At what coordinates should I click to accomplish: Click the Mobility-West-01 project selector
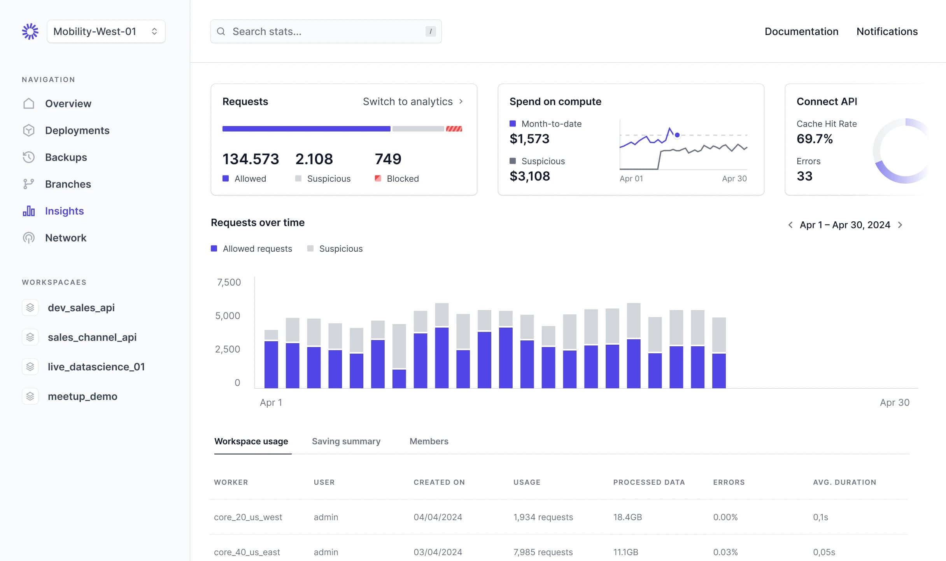[x=106, y=32]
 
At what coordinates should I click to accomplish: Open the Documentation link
[x=801, y=32]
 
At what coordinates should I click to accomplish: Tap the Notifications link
[x=887, y=32]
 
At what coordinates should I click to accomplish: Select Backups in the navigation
[x=66, y=157]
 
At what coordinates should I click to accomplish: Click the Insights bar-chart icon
[x=29, y=211]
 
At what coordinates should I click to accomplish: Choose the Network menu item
[x=65, y=238]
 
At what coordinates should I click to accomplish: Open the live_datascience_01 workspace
[x=96, y=367]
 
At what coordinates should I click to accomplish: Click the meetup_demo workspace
[x=82, y=396]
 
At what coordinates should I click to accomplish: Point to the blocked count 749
[x=388, y=159]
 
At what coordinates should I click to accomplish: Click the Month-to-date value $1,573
[x=529, y=139]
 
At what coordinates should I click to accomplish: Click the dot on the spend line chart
[x=677, y=135]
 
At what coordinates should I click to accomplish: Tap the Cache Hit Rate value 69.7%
[x=815, y=139]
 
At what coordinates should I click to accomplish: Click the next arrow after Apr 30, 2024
[x=900, y=225]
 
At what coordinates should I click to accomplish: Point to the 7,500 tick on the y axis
[x=229, y=282]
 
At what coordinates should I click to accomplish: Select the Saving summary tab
[x=346, y=441]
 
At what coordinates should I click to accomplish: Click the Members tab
[x=429, y=441]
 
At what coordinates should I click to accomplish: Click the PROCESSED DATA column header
[x=649, y=482]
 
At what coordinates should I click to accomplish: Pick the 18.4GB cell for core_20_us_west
[x=627, y=517]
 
